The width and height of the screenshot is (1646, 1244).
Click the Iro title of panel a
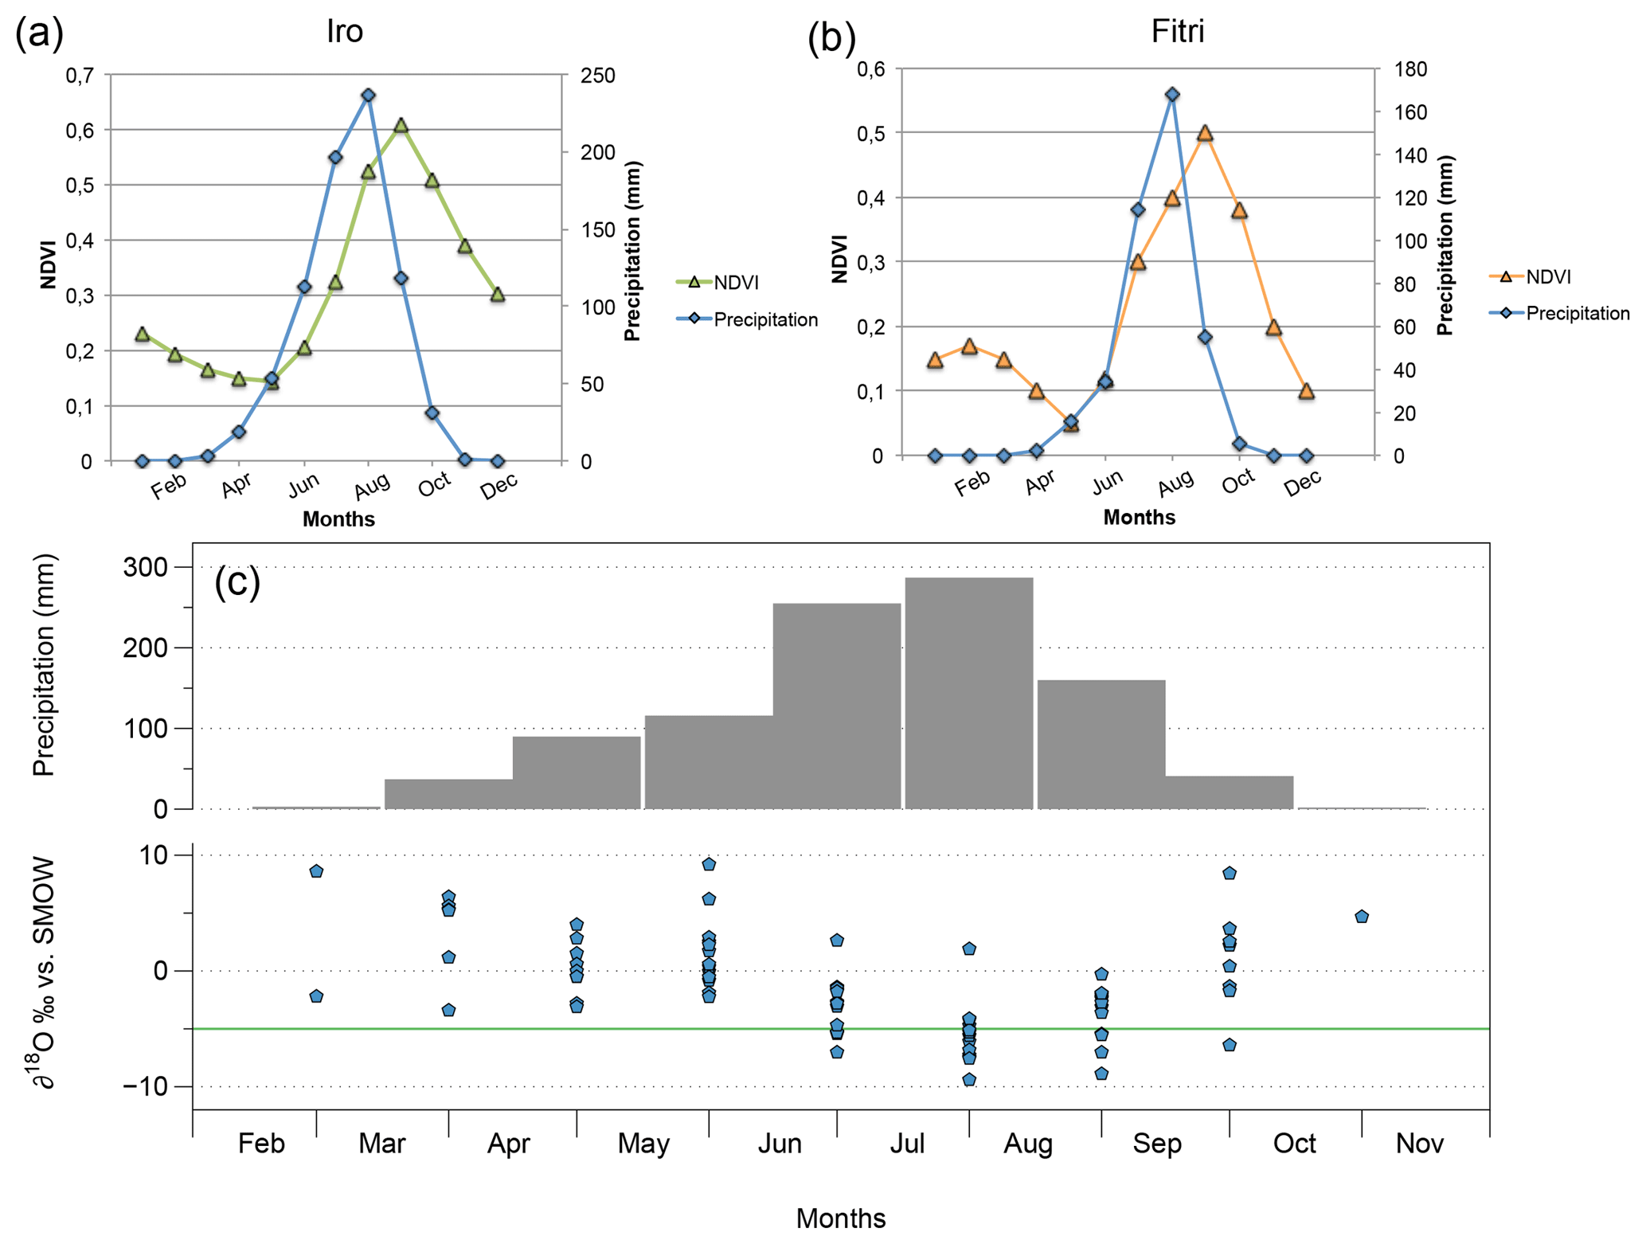[345, 31]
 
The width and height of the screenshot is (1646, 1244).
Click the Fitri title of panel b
[1177, 31]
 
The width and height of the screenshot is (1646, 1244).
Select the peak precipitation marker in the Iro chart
[368, 96]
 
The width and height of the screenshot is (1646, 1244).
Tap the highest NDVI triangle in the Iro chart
[401, 126]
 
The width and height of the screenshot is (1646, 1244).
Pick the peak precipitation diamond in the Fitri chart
[1171, 95]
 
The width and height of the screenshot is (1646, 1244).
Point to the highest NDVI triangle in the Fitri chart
[1205, 134]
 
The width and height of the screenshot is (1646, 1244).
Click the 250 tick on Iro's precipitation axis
[597, 76]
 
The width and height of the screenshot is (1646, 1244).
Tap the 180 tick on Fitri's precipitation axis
[1410, 69]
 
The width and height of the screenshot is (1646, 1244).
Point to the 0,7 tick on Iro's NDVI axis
[79, 76]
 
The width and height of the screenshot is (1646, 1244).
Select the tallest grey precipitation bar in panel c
[968, 693]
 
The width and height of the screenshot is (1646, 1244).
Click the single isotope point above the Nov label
[1361, 917]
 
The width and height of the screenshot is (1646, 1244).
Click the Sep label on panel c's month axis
[1156, 1144]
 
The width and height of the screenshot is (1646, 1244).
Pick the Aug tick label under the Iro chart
[372, 484]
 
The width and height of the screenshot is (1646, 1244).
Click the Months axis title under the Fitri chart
[1139, 517]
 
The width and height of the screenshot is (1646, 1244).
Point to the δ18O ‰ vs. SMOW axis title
[44, 972]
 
